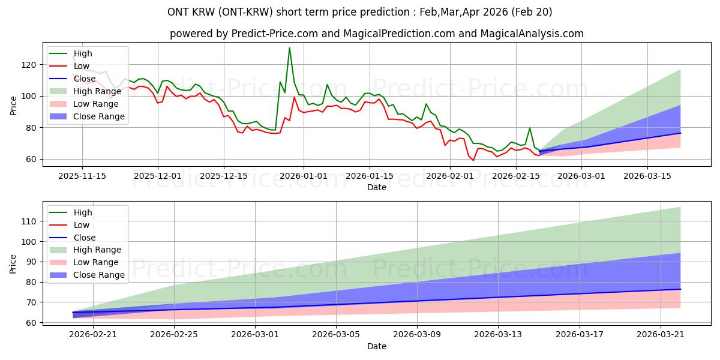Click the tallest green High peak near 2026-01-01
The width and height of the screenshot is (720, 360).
click(289, 48)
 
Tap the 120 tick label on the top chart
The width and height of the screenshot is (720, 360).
click(29, 65)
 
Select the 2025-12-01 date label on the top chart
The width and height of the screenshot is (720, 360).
click(157, 176)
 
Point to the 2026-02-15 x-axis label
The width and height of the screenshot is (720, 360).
click(516, 176)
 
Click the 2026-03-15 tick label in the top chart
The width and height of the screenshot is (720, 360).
click(647, 176)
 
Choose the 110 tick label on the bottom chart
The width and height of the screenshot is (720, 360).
click(29, 221)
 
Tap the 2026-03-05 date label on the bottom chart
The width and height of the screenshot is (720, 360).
click(336, 335)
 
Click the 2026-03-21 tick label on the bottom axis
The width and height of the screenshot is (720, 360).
click(661, 335)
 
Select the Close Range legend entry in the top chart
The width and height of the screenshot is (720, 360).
click(87, 116)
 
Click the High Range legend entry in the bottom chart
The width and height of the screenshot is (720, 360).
click(85, 250)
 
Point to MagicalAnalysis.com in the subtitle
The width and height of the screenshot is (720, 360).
click(532, 34)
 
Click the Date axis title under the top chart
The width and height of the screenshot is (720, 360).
click(377, 187)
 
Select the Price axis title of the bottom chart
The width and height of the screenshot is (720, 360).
click(13, 264)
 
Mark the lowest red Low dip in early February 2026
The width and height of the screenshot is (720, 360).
click(473, 160)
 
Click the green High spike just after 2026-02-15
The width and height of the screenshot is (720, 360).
click(530, 128)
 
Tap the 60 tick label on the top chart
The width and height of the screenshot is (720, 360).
click(31, 160)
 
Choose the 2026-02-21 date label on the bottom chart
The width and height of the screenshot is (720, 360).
click(93, 335)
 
